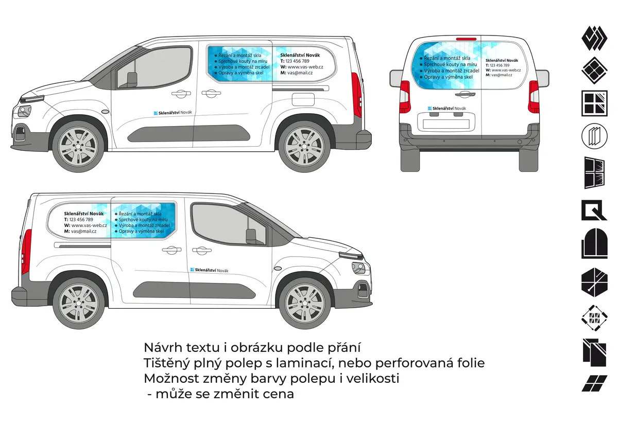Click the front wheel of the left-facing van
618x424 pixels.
pos(78,146)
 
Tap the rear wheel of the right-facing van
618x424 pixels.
pos(79,303)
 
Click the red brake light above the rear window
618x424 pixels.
pos(466,39)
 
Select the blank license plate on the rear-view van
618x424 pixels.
pos(446,124)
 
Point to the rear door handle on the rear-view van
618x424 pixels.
pos(465,95)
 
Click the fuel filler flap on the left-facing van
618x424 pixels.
pos(303,99)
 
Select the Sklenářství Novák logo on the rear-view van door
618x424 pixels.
pos(447,109)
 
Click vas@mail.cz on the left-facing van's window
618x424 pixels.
pos(300,73)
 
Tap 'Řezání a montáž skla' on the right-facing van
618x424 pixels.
pos(140,214)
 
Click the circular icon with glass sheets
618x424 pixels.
pos(594,136)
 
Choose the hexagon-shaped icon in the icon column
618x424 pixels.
pos(594,282)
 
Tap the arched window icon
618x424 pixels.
pos(594,243)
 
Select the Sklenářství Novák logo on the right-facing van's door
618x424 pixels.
pos(210,270)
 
